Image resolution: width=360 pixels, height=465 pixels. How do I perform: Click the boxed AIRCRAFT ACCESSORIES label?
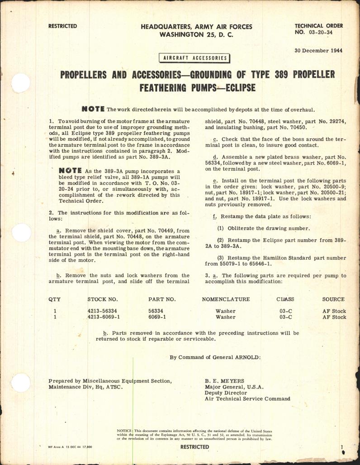[194, 58]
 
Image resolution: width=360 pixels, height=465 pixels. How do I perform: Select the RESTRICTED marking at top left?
[62, 26]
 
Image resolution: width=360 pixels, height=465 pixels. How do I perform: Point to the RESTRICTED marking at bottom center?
[195, 447]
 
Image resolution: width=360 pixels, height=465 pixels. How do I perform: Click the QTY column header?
[54, 299]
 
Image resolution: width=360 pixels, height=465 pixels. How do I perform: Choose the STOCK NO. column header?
[103, 299]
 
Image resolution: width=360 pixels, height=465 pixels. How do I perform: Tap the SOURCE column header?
[333, 299]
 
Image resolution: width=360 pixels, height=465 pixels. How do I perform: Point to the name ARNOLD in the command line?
[246, 357]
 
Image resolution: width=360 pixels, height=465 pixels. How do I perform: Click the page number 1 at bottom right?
[342, 446]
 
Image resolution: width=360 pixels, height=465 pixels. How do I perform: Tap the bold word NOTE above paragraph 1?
[92, 109]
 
